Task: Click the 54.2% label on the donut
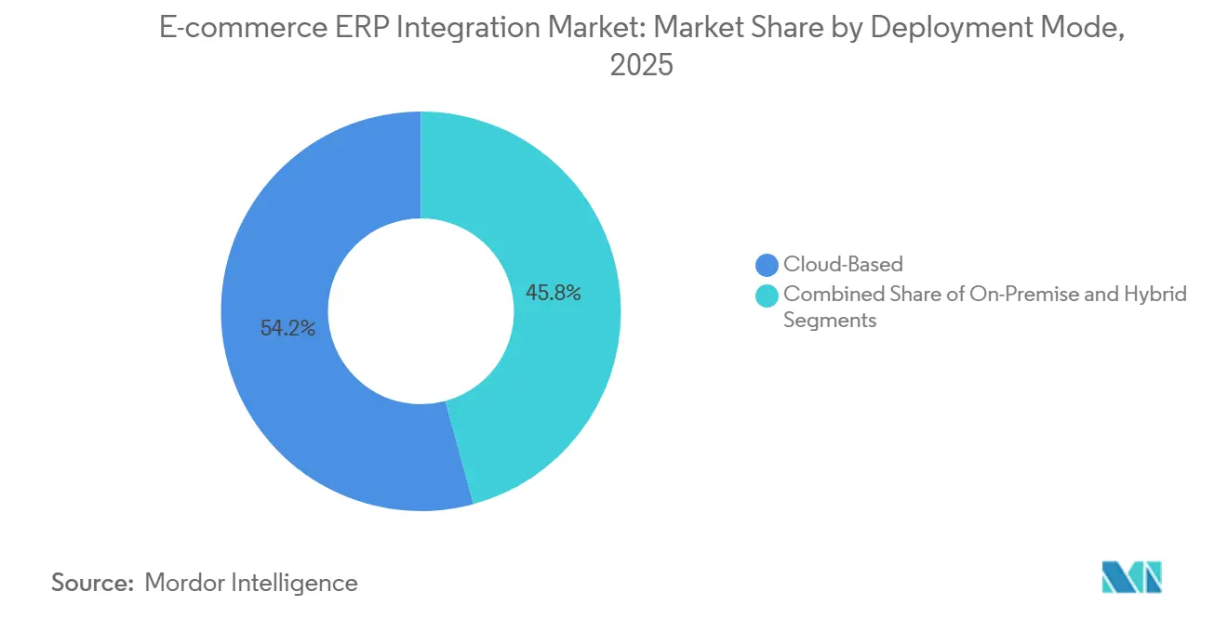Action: pos(287,328)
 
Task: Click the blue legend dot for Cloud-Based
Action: pos(767,265)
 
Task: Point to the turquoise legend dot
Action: pos(767,296)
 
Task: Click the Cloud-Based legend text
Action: pos(843,265)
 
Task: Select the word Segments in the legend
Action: pos(830,321)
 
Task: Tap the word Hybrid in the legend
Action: pos(1156,295)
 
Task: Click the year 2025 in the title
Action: pos(641,66)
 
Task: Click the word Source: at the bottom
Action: pos(93,583)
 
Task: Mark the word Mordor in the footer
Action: pos(187,583)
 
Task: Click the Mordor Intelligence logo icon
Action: pos(1131,577)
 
